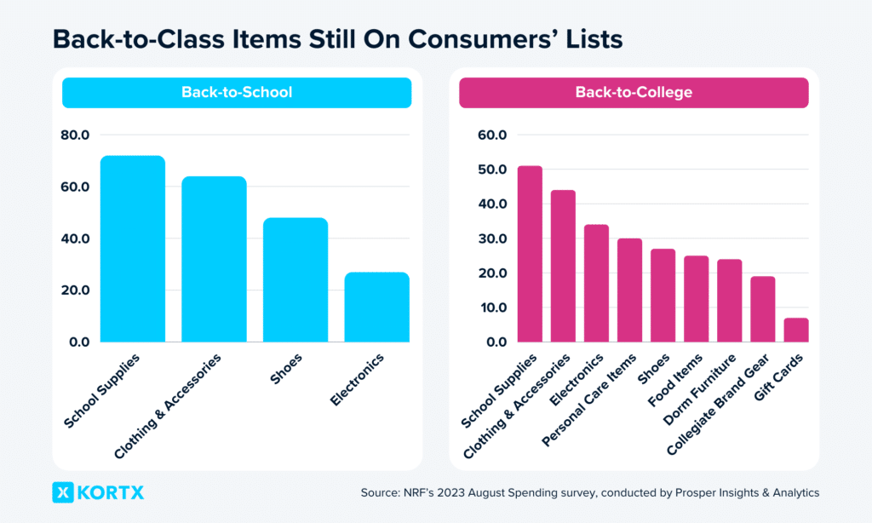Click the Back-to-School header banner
[236, 92]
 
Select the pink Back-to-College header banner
[634, 92]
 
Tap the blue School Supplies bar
[133, 249]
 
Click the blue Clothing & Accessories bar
[214, 259]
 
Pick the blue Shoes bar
[295, 280]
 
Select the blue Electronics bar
[377, 307]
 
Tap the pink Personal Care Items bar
[629, 290]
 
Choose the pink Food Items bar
[696, 299]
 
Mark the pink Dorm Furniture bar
[729, 301]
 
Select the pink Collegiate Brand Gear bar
[762, 309]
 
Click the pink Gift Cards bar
[795, 330]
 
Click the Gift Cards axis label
[780, 376]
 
